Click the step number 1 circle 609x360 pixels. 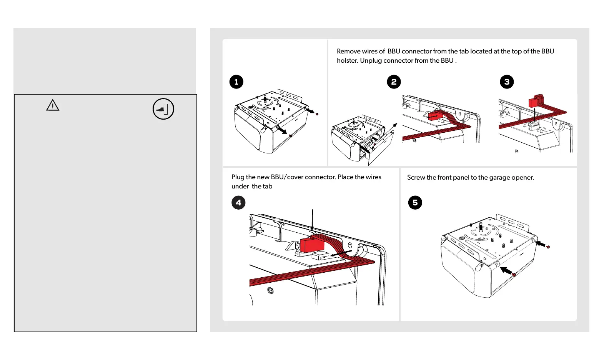pyautogui.click(x=236, y=82)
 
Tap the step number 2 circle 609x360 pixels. pyautogui.click(x=394, y=82)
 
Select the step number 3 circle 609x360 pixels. pyautogui.click(x=507, y=82)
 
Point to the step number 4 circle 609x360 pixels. pyautogui.click(x=238, y=203)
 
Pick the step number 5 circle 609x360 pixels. pyautogui.click(x=415, y=203)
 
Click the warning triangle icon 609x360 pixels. pyautogui.click(x=53, y=105)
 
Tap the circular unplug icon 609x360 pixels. pyautogui.click(x=163, y=109)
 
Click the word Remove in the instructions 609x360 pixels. pyautogui.click(x=348, y=51)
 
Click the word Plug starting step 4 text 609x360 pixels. pyautogui.click(x=238, y=177)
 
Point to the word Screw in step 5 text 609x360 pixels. pyautogui.click(x=416, y=177)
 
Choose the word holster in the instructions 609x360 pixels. pyautogui.click(x=347, y=60)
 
